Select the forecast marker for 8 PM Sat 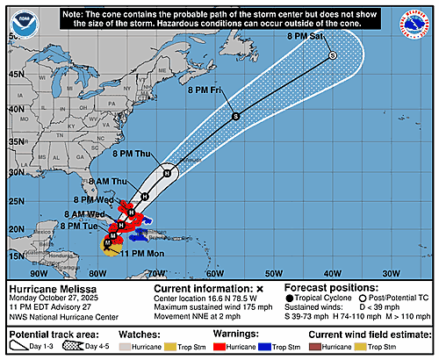coord(333,55)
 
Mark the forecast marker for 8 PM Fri coord(235,116)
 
